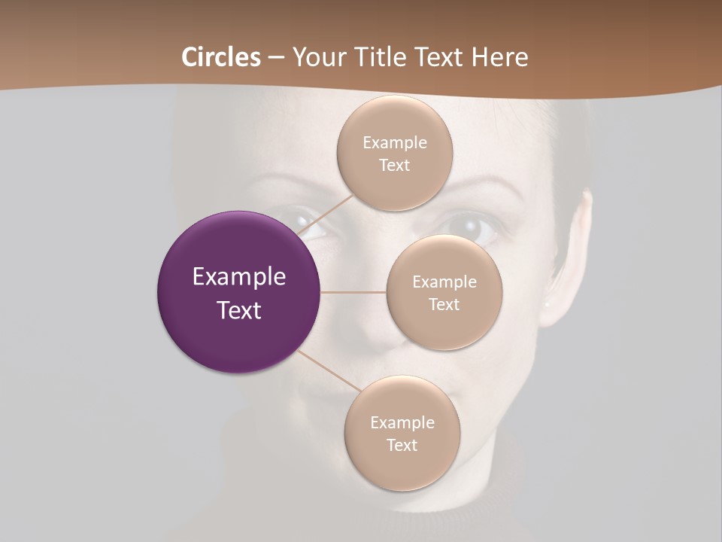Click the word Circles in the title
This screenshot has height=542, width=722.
click(x=221, y=57)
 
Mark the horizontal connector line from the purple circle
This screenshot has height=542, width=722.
click(x=353, y=292)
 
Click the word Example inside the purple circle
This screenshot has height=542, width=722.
click(x=239, y=277)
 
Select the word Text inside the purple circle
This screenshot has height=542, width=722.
click(x=239, y=310)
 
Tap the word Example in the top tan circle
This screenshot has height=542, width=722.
click(x=394, y=143)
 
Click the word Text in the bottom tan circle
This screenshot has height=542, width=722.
click(x=402, y=446)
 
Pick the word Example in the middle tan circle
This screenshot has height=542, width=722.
click(x=444, y=282)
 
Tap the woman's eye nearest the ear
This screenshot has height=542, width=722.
click(x=469, y=225)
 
